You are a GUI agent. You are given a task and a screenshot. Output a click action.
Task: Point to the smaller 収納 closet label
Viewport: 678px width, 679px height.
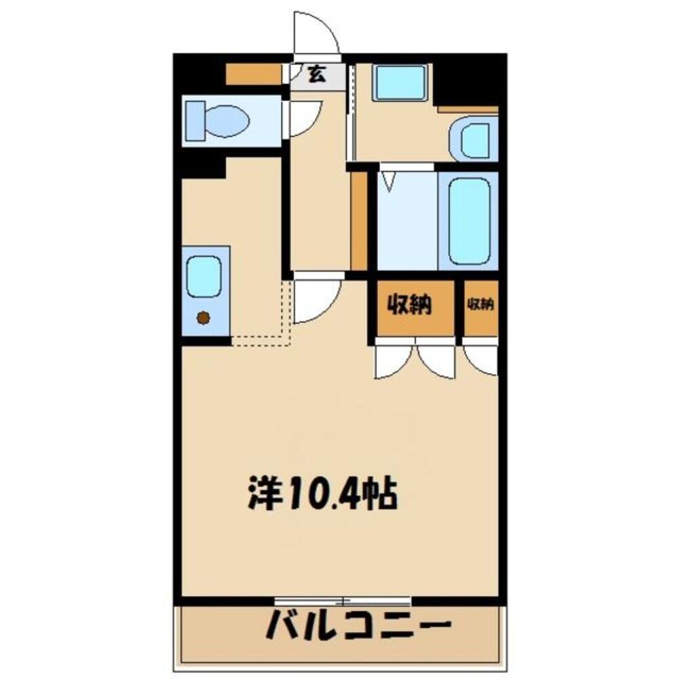[481, 305]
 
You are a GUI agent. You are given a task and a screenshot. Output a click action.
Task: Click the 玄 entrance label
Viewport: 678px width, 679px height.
[316, 73]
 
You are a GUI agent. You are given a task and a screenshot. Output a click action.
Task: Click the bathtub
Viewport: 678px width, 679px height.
[468, 221]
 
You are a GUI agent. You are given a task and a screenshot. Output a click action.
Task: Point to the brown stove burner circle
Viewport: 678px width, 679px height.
[202, 317]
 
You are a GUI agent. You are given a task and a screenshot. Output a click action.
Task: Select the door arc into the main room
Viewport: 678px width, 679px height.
[317, 297]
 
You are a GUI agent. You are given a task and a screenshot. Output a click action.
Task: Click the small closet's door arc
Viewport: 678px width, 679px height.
[482, 359]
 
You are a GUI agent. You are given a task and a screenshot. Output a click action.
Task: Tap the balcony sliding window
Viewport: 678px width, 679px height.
[343, 600]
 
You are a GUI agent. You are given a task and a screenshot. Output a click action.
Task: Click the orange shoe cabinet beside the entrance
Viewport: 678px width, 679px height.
[252, 75]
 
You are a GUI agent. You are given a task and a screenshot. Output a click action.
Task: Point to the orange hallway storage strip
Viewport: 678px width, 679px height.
[359, 220]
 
